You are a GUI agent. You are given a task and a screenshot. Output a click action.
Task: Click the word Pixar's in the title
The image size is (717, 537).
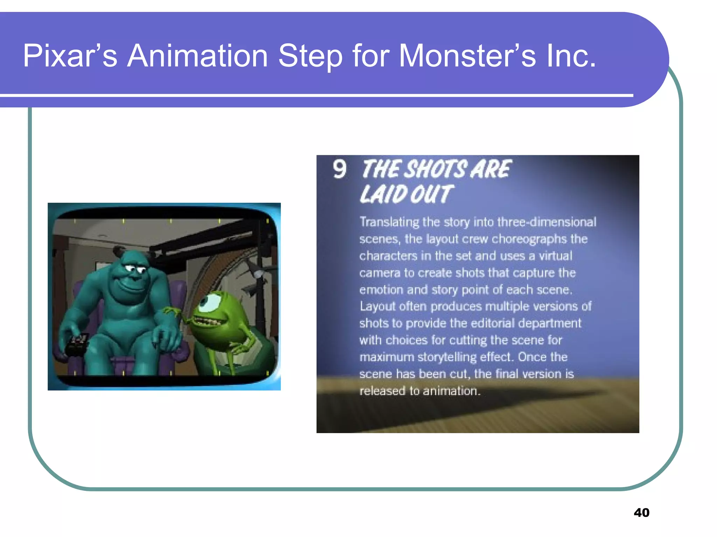pyautogui.click(x=70, y=56)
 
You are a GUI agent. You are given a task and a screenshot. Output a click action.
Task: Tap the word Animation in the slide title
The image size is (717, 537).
pyautogui.click(x=197, y=56)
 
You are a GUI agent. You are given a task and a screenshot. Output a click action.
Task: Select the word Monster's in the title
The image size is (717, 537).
pyautogui.click(x=467, y=56)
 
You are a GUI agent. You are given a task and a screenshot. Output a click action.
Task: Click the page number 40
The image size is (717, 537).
pyautogui.click(x=641, y=513)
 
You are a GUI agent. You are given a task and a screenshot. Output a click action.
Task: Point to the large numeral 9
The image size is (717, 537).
pyautogui.click(x=340, y=170)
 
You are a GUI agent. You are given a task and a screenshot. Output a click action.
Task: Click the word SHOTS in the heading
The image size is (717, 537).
pyautogui.click(x=436, y=169)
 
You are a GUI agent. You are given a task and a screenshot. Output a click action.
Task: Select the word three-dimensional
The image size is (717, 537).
pyautogui.click(x=547, y=222)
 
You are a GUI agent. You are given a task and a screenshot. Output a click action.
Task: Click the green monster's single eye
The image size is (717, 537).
pyautogui.click(x=211, y=302)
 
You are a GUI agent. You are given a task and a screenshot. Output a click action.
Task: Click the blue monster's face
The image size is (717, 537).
pyautogui.click(x=131, y=276)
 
